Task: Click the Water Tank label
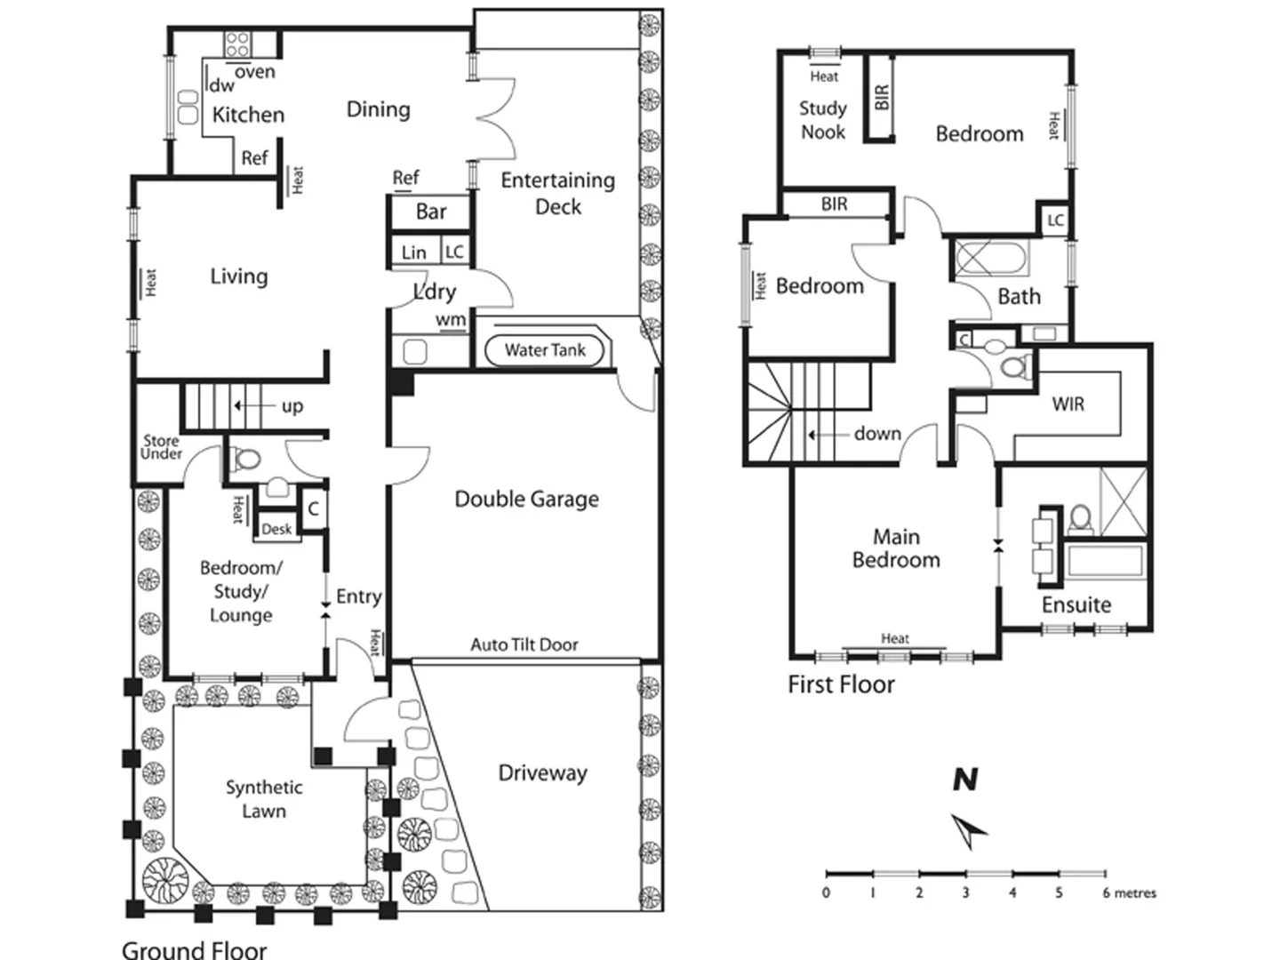(545, 350)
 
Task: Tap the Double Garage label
(526, 499)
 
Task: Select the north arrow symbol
(969, 831)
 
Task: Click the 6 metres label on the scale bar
(1129, 893)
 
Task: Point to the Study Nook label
(823, 120)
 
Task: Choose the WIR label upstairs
(1068, 404)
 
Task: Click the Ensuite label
(1076, 605)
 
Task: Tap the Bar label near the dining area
(431, 212)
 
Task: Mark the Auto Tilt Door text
(524, 644)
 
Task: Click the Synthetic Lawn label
(264, 799)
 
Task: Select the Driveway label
(542, 773)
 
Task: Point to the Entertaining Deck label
(558, 193)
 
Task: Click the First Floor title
(841, 684)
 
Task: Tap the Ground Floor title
(194, 949)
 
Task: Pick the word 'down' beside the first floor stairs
(877, 434)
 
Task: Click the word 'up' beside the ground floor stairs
(292, 406)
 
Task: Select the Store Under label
(162, 447)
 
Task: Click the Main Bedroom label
(896, 548)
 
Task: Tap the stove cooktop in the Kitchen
(237, 44)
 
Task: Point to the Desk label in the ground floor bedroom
(276, 529)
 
